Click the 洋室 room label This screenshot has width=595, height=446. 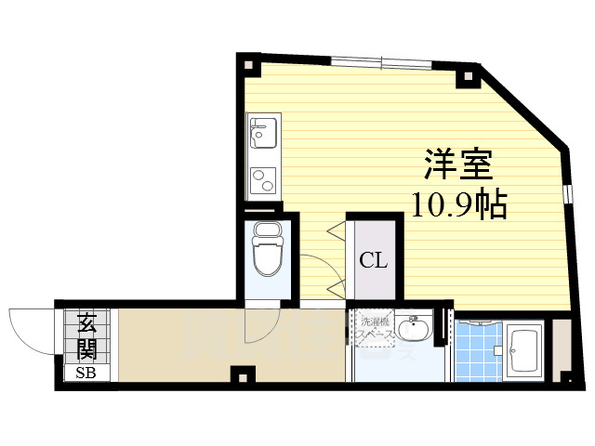tap(459, 165)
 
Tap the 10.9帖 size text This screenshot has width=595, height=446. tap(459, 202)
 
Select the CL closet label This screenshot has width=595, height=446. tap(374, 260)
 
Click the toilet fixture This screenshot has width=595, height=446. tap(266, 252)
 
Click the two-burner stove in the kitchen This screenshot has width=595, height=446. tap(261, 177)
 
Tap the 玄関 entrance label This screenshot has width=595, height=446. tap(87, 336)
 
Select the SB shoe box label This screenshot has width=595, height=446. tap(86, 374)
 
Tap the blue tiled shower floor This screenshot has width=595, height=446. tap(476, 350)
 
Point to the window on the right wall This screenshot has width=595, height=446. tap(566, 194)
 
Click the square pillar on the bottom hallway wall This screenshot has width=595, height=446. tap(243, 375)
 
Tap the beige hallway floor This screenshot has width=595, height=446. tap(177, 344)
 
